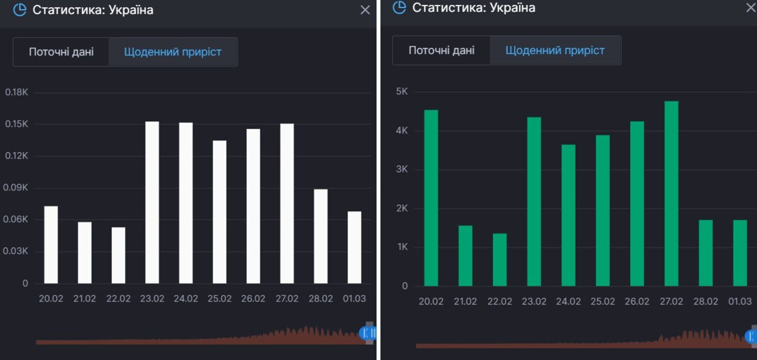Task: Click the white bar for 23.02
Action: [x=152, y=203]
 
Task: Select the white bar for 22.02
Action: [x=118, y=255]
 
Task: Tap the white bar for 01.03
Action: [x=354, y=247]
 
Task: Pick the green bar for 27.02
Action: [x=671, y=194]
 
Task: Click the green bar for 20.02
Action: [x=431, y=198]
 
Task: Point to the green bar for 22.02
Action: [x=500, y=259]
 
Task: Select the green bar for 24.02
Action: [x=568, y=215]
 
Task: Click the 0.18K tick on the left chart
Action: [x=16, y=92]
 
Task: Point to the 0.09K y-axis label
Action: [x=16, y=187]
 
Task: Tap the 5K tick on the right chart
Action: [x=402, y=92]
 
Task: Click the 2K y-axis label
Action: [x=402, y=208]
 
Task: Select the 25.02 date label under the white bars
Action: [x=220, y=299]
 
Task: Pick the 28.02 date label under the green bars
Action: [x=706, y=302]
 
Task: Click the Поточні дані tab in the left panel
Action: [x=61, y=52]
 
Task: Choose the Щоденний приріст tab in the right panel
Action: [x=555, y=50]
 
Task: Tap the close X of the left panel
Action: [x=365, y=10]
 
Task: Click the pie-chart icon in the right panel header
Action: [x=399, y=7]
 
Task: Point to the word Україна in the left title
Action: [x=131, y=10]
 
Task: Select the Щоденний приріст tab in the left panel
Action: [x=173, y=52]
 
